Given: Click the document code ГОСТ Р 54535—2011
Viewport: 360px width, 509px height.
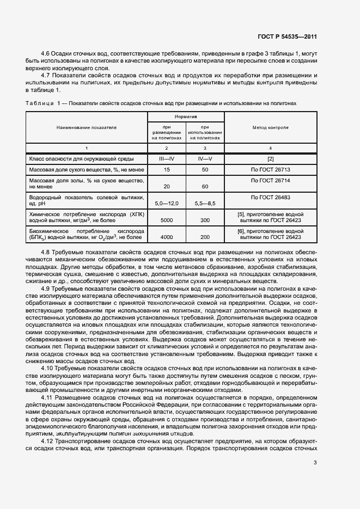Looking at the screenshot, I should pyautogui.click(x=286, y=37).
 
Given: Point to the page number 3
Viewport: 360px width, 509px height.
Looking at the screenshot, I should pyautogui.click(x=315, y=463).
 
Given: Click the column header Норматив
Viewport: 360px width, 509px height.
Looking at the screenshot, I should pyautogui.click(x=186, y=117).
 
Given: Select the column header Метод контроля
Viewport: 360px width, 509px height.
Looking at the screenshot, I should pyautogui.click(x=271, y=127).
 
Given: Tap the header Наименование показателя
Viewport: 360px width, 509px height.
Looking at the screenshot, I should pyautogui.click(x=87, y=127).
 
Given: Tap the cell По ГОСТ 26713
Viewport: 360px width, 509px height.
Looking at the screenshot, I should pyautogui.click(x=271, y=170).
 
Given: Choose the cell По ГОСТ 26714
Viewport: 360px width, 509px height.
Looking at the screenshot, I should pyautogui.click(x=271, y=180).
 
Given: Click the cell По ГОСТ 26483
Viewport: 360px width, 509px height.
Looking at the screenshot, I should pyautogui.click(x=271, y=196).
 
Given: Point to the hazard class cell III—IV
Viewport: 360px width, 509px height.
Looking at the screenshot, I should pyautogui.click(x=167, y=158).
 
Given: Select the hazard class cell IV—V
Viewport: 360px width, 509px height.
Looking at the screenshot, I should pyautogui.click(x=205, y=158).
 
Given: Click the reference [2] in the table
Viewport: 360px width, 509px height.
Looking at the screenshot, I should pyautogui.click(x=271, y=158).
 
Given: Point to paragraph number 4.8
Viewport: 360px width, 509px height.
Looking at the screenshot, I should pyautogui.click(x=47, y=253).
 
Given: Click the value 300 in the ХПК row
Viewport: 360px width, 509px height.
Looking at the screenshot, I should pyautogui.click(x=205, y=220).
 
